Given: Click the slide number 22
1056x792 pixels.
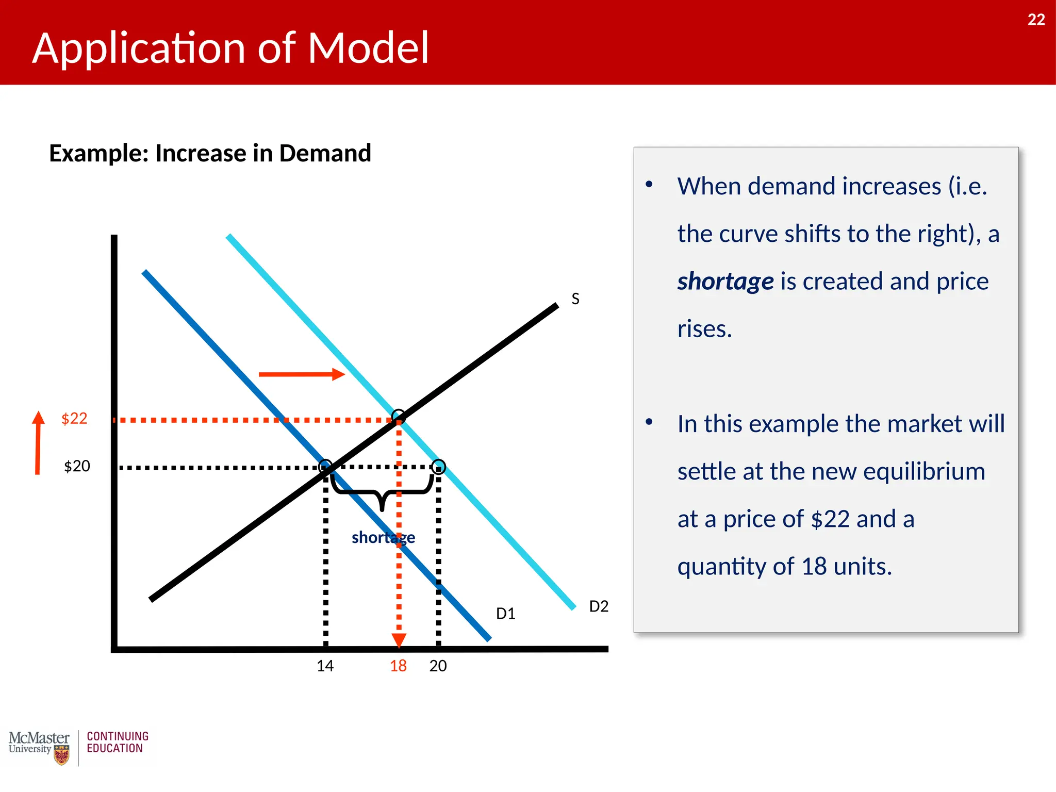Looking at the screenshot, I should [1036, 20].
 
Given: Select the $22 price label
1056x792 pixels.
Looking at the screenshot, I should [74, 418].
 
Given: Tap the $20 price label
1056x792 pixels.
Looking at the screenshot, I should [77, 466].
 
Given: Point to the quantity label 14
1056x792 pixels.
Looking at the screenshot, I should [325, 666].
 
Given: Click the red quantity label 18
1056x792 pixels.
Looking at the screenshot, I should [398, 666].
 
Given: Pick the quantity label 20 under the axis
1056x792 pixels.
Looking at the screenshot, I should [438, 666].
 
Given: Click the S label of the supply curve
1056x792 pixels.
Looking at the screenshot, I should [575, 299].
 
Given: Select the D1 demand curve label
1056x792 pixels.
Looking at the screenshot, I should [505, 614].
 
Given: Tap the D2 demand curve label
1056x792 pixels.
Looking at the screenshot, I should [599, 606].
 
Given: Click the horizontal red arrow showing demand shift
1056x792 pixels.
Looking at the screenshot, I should [302, 374].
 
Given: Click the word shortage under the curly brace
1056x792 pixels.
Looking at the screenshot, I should [383, 538].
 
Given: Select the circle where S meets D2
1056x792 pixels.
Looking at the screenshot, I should [399, 416].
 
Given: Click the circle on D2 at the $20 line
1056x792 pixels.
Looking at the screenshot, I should [438, 467].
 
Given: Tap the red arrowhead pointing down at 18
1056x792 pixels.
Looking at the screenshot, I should [399, 640].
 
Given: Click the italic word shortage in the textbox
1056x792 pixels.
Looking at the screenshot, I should [725, 282].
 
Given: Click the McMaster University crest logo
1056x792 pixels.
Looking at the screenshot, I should [61, 755].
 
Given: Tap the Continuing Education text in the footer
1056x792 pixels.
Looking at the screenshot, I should [118, 742].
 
